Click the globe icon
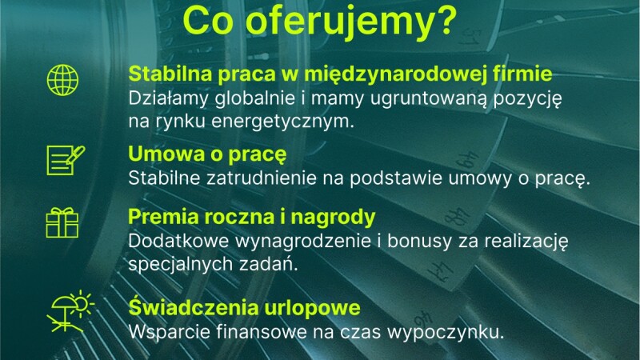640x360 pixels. click(62, 80)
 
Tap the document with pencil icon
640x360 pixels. click(66, 160)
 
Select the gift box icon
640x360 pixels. click(62, 222)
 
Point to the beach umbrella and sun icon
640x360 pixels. click(70, 311)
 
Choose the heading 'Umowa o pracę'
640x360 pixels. click(207, 154)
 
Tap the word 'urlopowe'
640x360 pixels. click(312, 308)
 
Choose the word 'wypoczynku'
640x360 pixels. click(446, 333)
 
